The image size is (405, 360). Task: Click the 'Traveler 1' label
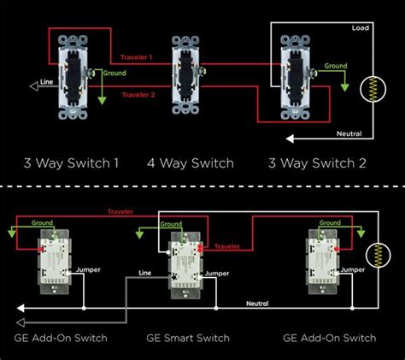138,58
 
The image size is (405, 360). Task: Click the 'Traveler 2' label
138,95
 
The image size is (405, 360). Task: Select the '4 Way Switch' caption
189,162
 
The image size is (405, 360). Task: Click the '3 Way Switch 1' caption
70,162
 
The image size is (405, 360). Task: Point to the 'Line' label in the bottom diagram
146,275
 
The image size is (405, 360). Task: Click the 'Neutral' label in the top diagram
349,134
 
